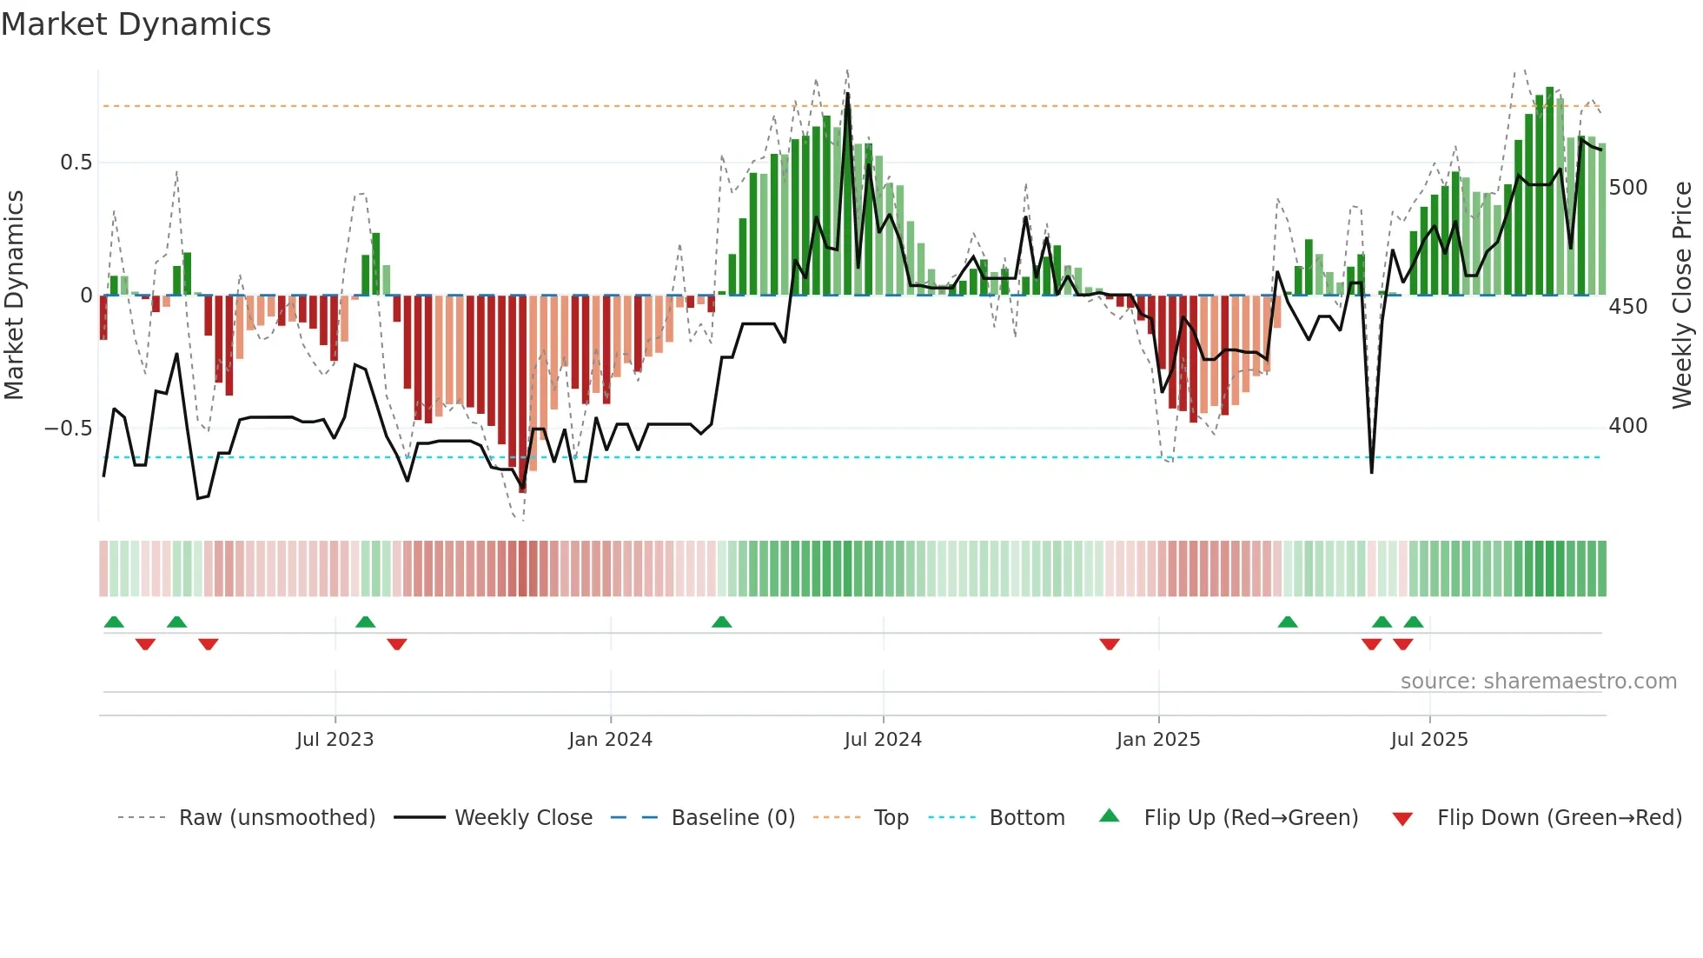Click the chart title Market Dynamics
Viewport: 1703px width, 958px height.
[136, 24]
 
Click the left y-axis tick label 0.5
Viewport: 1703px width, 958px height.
[76, 163]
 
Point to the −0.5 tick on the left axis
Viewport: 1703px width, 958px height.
[68, 429]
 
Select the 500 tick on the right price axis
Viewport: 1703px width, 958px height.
[1627, 188]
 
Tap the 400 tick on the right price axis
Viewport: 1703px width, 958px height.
[1627, 426]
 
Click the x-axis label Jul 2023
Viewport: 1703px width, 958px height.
[335, 740]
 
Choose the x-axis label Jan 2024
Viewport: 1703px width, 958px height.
[610, 740]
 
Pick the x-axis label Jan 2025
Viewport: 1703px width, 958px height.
[1157, 740]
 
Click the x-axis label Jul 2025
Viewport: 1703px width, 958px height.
[1428, 740]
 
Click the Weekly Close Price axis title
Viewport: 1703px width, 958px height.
[1682, 296]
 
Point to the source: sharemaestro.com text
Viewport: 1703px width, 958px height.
[1538, 682]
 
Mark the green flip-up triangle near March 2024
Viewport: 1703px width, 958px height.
[721, 622]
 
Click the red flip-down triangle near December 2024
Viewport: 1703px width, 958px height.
[1110, 644]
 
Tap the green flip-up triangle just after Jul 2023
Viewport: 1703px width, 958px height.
[365, 622]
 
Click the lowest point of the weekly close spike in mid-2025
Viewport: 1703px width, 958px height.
[1371, 472]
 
